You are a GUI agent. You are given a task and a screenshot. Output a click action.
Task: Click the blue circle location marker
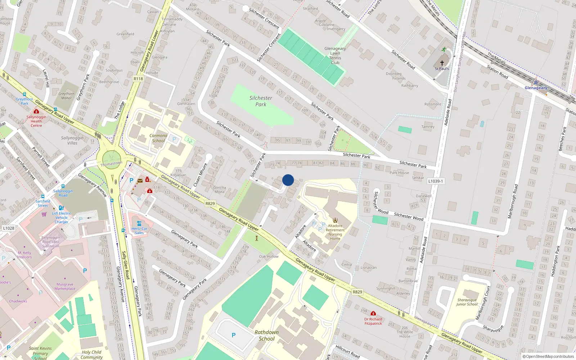point(288,180)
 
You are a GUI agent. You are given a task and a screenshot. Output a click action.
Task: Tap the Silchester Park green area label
point(261,101)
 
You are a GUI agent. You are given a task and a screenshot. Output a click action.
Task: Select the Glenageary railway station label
point(536,88)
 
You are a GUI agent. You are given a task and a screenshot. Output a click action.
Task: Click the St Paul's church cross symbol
point(442,63)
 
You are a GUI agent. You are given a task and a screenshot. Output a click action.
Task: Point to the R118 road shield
point(138,79)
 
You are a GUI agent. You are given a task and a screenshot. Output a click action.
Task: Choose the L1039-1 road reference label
point(436,181)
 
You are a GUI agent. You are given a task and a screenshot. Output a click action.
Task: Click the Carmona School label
point(158,138)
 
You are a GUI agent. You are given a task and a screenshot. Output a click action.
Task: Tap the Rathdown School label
point(266,336)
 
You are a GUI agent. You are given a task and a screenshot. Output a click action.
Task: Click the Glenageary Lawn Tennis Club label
point(335,55)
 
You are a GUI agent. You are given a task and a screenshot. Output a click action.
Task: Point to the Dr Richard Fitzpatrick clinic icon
point(373,314)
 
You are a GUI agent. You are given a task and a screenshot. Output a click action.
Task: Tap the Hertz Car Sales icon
point(139,224)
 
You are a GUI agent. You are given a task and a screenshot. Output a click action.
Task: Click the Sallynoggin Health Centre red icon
point(36,112)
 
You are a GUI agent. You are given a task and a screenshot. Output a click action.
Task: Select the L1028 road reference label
point(9,228)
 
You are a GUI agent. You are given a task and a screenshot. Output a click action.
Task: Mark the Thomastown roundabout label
point(111,164)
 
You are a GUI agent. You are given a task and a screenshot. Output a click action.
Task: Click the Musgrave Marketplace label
point(65,286)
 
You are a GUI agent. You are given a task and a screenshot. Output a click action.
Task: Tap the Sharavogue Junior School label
point(467,302)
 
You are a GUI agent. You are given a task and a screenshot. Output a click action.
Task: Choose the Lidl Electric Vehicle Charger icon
point(61,208)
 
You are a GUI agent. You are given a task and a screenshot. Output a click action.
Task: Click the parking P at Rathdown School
point(234,335)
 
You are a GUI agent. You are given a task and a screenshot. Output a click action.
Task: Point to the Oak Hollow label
point(269,257)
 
